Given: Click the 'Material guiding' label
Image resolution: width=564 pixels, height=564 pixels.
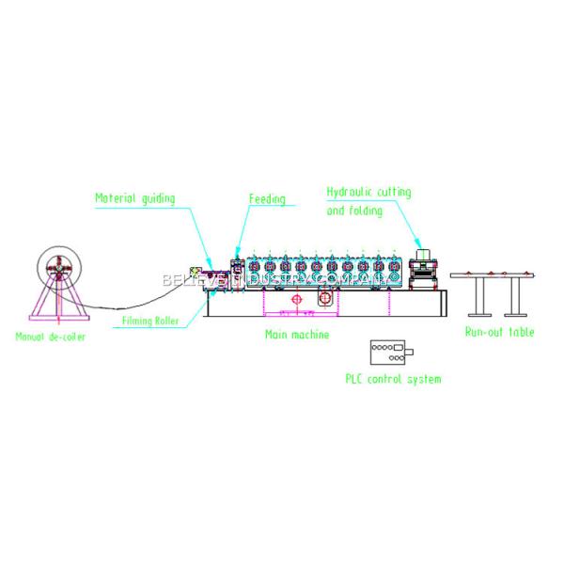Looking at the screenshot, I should click(135, 198).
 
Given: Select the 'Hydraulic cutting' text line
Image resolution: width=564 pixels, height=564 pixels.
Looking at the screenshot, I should click(368, 192).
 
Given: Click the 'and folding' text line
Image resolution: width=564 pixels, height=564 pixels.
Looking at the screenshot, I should click(354, 211).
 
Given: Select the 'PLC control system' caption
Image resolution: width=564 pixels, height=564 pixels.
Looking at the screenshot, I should click(393, 380).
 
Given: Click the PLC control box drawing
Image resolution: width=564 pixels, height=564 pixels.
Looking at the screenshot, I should click(390, 352).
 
